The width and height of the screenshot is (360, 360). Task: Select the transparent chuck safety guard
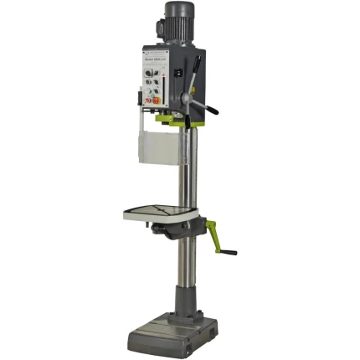(158, 147)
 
